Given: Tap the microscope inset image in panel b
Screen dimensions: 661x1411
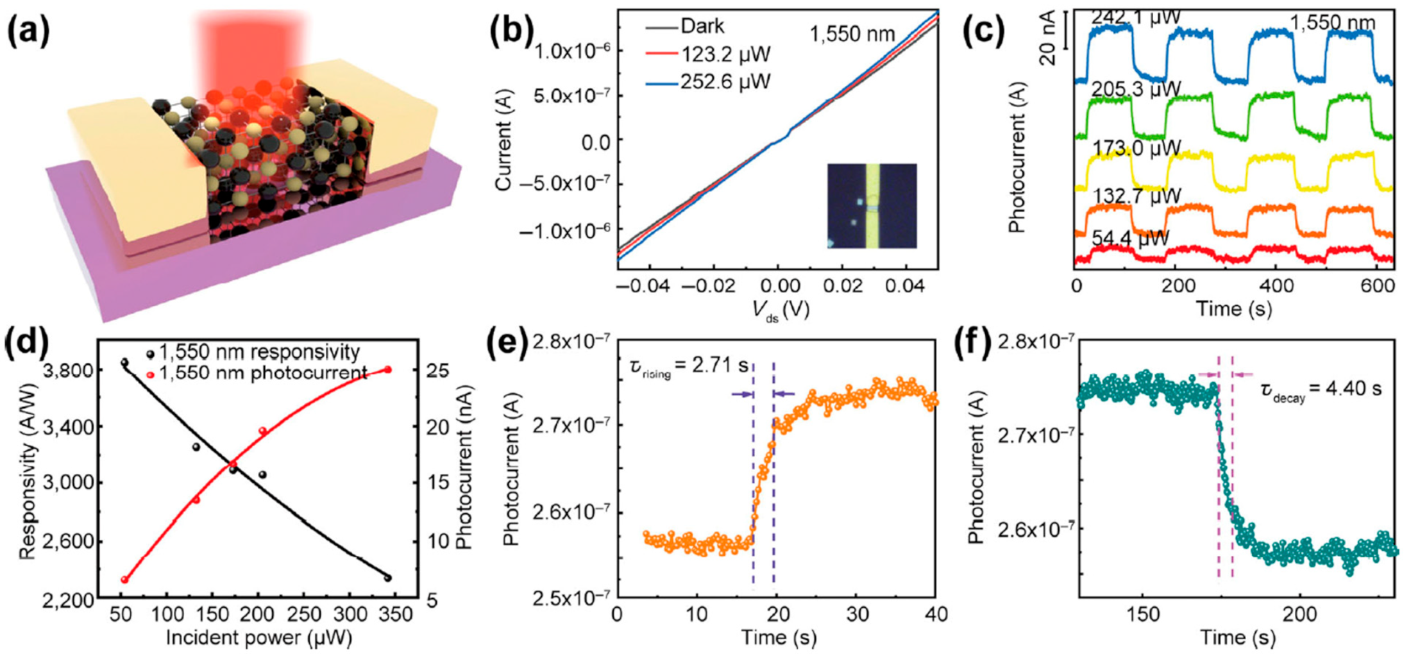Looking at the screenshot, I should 872,206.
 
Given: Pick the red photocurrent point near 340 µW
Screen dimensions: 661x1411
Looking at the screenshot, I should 387,370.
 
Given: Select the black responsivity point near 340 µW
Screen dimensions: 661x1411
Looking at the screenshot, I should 387,578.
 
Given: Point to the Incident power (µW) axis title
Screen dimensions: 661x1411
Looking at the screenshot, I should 258,638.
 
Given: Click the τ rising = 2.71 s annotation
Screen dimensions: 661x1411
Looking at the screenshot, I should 688,367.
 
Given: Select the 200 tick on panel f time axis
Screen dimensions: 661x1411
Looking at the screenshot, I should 1299,614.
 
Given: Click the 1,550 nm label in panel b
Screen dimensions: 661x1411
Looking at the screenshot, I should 852,33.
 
